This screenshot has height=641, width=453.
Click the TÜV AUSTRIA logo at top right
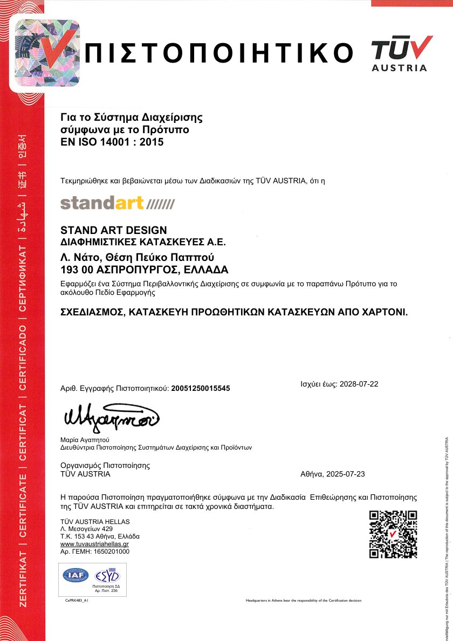pos(402,53)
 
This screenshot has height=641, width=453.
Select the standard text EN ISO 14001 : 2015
pos(112,142)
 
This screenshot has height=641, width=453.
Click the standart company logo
pos(118,203)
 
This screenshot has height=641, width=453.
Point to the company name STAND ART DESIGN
pos(114,230)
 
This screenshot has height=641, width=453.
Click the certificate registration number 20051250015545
pos(201,388)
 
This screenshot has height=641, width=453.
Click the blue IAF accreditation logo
pos(76,575)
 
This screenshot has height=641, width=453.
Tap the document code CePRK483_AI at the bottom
pos(77,600)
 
